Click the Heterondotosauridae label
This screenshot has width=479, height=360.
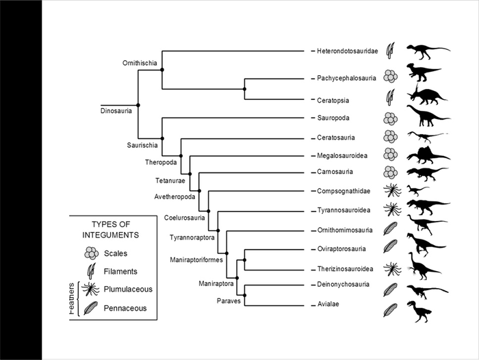pos(347,51)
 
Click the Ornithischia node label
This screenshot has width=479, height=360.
pos(141,64)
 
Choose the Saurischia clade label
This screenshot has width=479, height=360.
pos(143,145)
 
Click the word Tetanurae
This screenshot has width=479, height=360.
pos(170,181)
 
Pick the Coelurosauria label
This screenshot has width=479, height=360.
pos(184,218)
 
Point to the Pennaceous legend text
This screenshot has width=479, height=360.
pos(125,309)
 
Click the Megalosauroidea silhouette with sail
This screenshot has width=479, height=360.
pos(428,156)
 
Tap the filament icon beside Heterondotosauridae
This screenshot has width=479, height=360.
pos(391,50)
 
